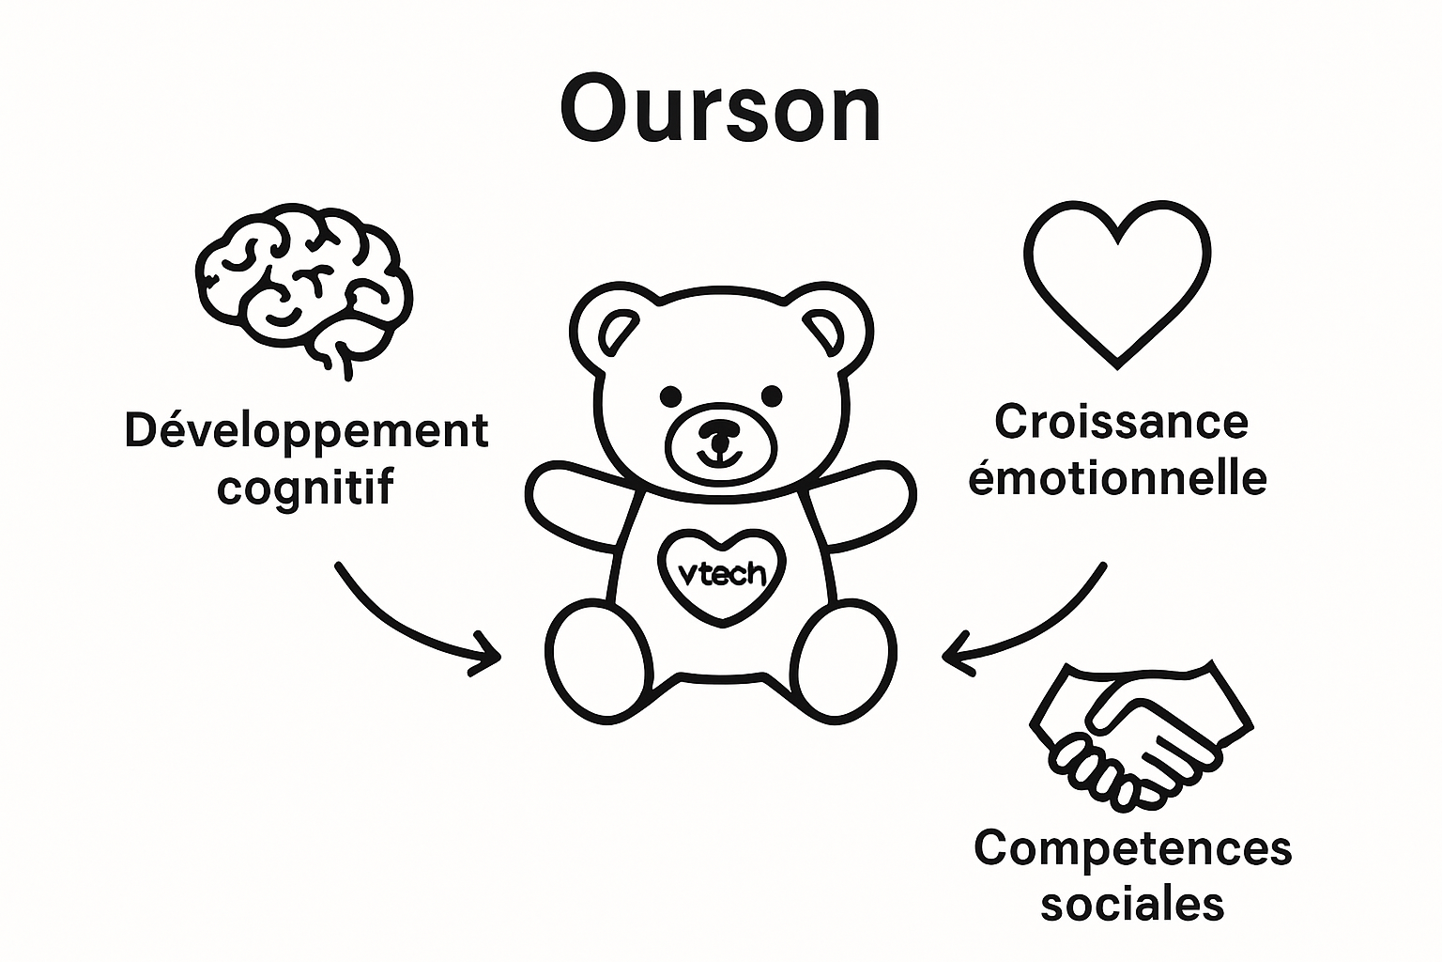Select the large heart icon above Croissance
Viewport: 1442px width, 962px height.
tap(1116, 282)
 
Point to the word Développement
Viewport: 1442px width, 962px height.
tap(306, 431)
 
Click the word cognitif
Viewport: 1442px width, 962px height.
tap(306, 487)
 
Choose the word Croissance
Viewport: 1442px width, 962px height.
tap(1121, 422)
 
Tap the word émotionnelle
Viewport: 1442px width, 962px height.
tap(1117, 477)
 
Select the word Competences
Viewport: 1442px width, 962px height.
tap(1132, 848)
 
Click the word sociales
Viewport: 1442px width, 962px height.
tap(1132, 904)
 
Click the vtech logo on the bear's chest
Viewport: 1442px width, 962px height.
tap(721, 575)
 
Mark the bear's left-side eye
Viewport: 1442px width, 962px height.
tap(671, 395)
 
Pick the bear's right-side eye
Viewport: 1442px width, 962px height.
tap(771, 395)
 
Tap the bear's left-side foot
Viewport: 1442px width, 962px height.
tap(598, 662)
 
